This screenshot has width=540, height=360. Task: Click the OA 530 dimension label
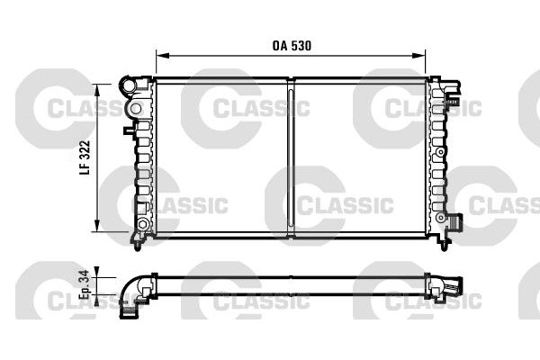click(292, 43)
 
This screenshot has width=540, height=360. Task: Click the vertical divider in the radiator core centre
click(292, 157)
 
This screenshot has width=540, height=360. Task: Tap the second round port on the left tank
click(135, 109)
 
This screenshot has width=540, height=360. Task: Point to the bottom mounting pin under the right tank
click(445, 240)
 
